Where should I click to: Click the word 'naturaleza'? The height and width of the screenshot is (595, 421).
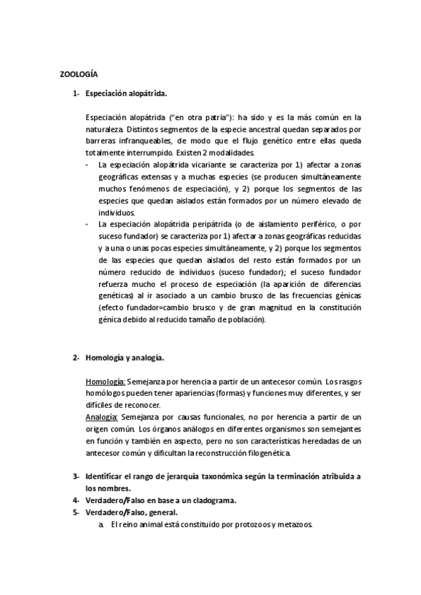pos(105,130)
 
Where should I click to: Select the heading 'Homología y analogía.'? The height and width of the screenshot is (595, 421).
pos(124,358)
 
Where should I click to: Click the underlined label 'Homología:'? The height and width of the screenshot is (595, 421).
pos(105,382)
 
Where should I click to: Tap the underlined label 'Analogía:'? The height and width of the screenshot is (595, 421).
pos(103,416)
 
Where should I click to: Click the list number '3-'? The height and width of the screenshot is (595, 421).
pos(75,476)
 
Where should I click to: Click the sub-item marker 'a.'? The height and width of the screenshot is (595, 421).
pos(103,523)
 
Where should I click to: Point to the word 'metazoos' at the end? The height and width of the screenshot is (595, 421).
pos(294,523)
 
